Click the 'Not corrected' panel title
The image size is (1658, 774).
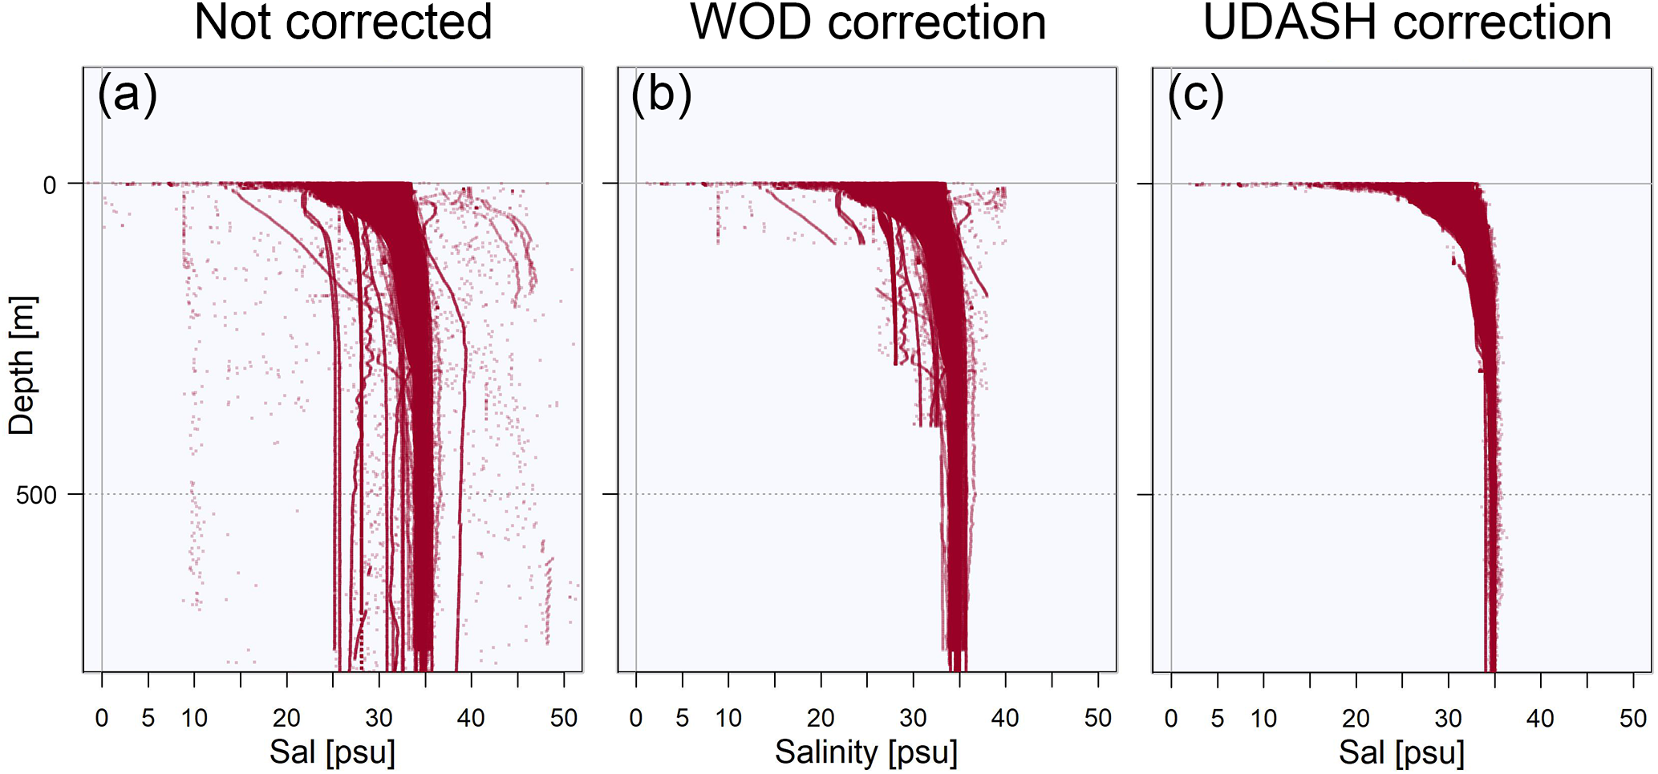point(343,22)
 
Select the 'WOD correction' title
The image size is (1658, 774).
point(868,22)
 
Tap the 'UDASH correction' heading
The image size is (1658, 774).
point(1407,22)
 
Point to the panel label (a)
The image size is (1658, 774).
point(127,95)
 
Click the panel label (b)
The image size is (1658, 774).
point(661,95)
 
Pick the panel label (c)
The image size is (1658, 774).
point(1195,95)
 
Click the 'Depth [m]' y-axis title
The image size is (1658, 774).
point(22,366)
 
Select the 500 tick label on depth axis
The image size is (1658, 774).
point(37,495)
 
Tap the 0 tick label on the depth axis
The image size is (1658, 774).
point(50,185)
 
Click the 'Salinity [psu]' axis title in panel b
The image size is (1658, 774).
point(866,752)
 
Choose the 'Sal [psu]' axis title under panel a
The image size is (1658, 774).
point(332,752)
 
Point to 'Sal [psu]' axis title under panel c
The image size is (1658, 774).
point(1401,752)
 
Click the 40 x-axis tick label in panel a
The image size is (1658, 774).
point(471,718)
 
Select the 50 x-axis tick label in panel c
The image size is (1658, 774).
point(1633,718)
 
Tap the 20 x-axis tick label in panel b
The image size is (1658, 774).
point(821,718)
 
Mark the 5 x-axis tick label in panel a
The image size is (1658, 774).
point(148,718)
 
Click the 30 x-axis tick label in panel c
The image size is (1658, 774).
point(1448,718)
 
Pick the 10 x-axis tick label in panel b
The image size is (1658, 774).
point(728,718)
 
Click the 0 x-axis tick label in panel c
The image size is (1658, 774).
point(1171,718)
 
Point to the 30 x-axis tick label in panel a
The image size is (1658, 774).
point(379,718)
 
